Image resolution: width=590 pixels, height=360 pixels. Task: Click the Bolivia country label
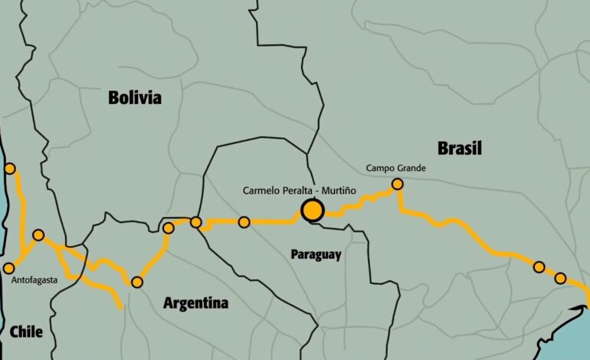(x=135, y=97)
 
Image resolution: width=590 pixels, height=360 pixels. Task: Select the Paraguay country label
(x=316, y=254)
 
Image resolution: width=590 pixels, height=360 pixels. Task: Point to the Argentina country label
(x=195, y=303)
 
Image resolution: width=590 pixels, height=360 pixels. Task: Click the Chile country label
(x=27, y=332)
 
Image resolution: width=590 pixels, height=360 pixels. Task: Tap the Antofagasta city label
(x=35, y=280)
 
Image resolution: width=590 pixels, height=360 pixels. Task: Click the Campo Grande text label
(x=395, y=168)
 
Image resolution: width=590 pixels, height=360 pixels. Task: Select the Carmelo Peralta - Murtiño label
(x=299, y=189)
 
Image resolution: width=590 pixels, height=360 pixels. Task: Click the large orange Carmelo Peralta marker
(x=312, y=210)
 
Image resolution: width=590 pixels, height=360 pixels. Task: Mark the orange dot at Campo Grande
(x=397, y=184)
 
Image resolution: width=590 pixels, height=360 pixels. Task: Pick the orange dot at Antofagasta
(x=9, y=268)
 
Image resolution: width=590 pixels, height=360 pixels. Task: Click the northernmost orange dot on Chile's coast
(x=10, y=169)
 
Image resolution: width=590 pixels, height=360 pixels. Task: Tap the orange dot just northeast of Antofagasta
(x=38, y=235)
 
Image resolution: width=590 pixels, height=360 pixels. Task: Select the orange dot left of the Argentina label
(x=137, y=282)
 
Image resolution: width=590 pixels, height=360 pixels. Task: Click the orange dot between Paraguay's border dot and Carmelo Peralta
(x=244, y=222)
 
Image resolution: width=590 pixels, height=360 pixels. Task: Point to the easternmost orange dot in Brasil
(x=560, y=278)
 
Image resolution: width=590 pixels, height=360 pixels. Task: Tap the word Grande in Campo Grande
(x=411, y=168)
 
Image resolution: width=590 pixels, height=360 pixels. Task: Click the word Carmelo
(x=261, y=189)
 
